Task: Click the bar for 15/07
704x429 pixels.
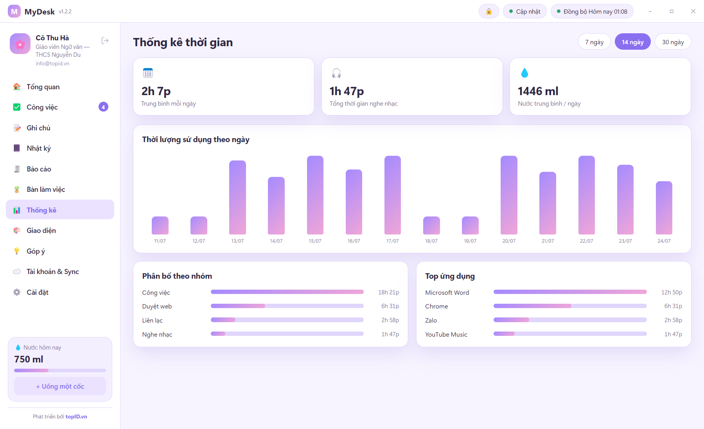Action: pyautogui.click(x=315, y=195)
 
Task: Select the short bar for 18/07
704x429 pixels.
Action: pyautogui.click(x=431, y=226)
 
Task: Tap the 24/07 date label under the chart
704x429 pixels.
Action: pyautogui.click(x=664, y=241)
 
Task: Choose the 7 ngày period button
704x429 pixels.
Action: pyautogui.click(x=594, y=42)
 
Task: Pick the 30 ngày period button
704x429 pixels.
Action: pyautogui.click(x=673, y=42)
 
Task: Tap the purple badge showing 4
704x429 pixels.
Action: pyautogui.click(x=103, y=107)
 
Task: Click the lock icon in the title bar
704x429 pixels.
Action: pyautogui.click(x=489, y=11)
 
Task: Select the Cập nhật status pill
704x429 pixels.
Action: pyautogui.click(x=524, y=11)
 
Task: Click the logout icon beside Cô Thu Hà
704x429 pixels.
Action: pyautogui.click(x=105, y=41)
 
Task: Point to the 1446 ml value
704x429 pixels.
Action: pyautogui.click(x=538, y=91)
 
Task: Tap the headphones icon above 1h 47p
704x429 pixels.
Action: pyautogui.click(x=336, y=73)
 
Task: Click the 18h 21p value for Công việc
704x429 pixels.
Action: pyautogui.click(x=388, y=292)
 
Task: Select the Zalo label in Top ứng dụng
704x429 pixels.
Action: pyautogui.click(x=431, y=320)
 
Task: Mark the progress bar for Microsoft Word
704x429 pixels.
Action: pyautogui.click(x=570, y=292)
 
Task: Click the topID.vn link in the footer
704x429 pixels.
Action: pyautogui.click(x=76, y=416)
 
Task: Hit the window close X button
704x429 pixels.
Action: pyautogui.click(x=693, y=11)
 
